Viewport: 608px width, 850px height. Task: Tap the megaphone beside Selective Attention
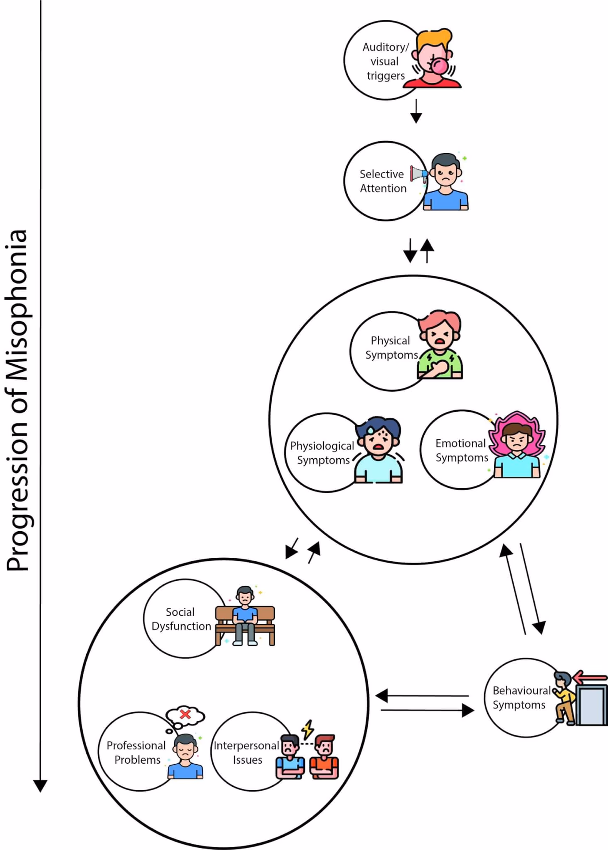click(x=418, y=173)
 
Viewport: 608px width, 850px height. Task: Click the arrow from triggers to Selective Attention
click(x=416, y=111)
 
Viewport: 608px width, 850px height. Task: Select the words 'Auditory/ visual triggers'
click(x=385, y=61)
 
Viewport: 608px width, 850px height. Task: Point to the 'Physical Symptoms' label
click(x=391, y=348)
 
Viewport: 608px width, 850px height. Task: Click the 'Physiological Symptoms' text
click(x=322, y=453)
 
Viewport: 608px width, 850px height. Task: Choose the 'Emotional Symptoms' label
click(x=462, y=450)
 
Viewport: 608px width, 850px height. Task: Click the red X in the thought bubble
click(x=185, y=714)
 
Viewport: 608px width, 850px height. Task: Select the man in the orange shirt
click(x=324, y=757)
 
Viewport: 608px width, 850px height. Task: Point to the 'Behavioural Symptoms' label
click(x=521, y=697)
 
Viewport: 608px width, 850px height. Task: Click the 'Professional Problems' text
click(x=136, y=752)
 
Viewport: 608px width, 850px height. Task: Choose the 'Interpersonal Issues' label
click(x=246, y=752)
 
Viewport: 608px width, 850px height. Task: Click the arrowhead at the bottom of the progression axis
click(x=40, y=786)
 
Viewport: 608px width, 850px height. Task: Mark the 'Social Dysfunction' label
click(x=181, y=619)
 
